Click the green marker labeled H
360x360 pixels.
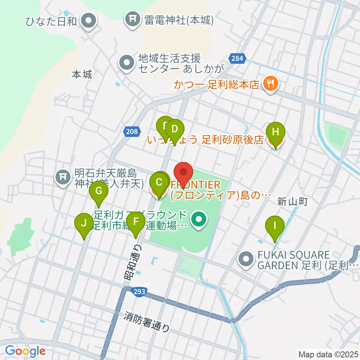[x=276, y=132]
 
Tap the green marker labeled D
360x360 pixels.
[x=174, y=129]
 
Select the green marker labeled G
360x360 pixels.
[x=99, y=191]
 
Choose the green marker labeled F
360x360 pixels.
[x=136, y=222]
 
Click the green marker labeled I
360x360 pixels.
[x=275, y=226]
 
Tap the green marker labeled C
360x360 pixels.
[x=159, y=183]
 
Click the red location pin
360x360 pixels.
[x=184, y=172]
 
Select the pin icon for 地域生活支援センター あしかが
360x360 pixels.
[x=127, y=63]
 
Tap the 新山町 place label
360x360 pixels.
[x=292, y=202]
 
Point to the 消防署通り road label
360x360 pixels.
[x=147, y=322]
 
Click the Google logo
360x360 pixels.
[x=25, y=351]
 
